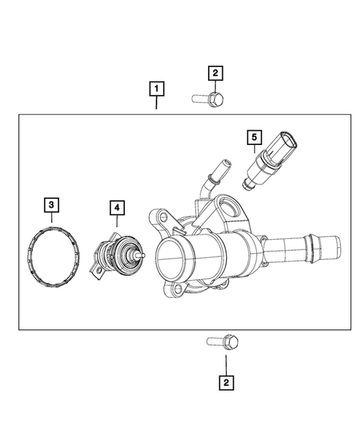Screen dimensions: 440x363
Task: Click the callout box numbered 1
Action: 156,91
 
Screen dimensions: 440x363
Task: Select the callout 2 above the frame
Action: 215,72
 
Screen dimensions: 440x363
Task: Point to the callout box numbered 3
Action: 51,204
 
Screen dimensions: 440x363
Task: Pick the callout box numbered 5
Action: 254,137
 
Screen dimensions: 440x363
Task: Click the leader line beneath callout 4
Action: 118,220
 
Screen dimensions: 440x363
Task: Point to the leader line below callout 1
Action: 156,105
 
